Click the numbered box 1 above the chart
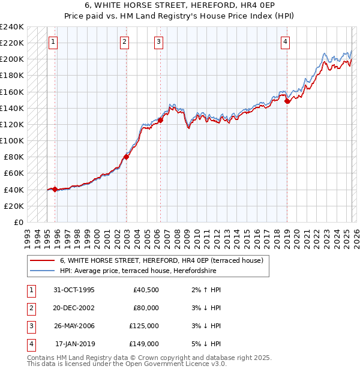tap(54, 42)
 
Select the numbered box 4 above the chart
tap(286, 42)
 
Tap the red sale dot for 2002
tap(127, 157)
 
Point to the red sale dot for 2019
tap(287, 101)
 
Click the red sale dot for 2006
tap(161, 121)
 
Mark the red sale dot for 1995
tap(55, 189)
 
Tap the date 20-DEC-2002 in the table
tap(74, 308)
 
